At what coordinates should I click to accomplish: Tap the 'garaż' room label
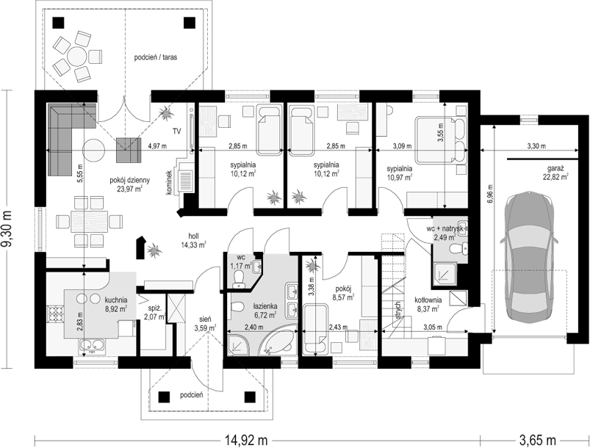coord(555,168)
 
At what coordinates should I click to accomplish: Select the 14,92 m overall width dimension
coord(246,439)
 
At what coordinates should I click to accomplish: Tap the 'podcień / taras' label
coord(156,57)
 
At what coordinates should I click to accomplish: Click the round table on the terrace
coord(77,57)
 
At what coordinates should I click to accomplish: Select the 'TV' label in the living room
coord(177,131)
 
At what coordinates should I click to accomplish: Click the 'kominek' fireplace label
coord(169,182)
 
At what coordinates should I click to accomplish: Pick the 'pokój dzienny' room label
coord(130,181)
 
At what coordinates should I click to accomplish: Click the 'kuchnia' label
coord(116,300)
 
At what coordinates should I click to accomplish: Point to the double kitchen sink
coord(92,345)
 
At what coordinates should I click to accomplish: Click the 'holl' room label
coord(194,236)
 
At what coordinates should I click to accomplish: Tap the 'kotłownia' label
coord(428,300)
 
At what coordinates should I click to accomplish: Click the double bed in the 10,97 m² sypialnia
coord(441,141)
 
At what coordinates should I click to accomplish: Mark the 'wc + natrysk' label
coord(446,228)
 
